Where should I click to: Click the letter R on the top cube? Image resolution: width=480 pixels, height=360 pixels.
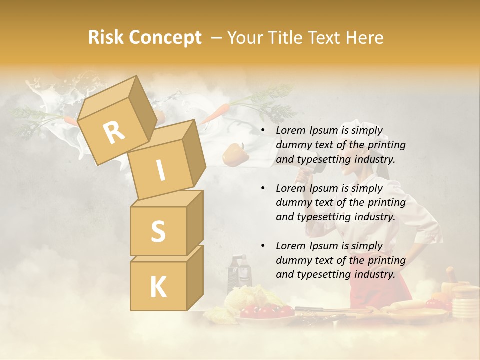[114, 132]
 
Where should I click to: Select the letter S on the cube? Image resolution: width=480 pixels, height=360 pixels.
[158, 231]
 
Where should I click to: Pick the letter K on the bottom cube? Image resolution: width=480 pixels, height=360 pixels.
[158, 287]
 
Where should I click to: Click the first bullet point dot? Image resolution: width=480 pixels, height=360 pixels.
[263, 131]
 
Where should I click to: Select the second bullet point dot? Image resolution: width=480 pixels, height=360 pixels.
[263, 188]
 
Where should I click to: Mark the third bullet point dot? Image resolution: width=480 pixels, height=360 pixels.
[263, 246]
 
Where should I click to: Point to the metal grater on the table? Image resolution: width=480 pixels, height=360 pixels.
[237, 272]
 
